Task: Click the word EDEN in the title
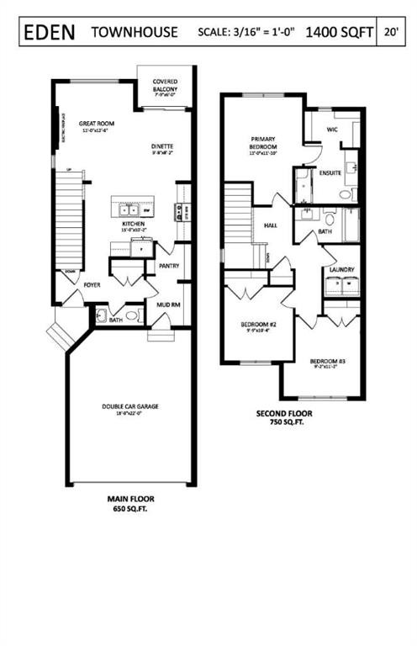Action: click(x=49, y=32)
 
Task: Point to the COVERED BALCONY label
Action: click(x=166, y=85)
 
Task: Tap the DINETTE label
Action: click(x=162, y=149)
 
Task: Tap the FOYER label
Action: click(x=92, y=285)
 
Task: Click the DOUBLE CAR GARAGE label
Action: click(x=131, y=406)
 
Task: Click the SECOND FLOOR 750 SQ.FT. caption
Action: click(x=283, y=417)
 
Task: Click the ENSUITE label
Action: click(x=330, y=172)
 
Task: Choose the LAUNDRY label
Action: click(x=341, y=269)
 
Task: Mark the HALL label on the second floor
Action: click(x=271, y=225)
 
